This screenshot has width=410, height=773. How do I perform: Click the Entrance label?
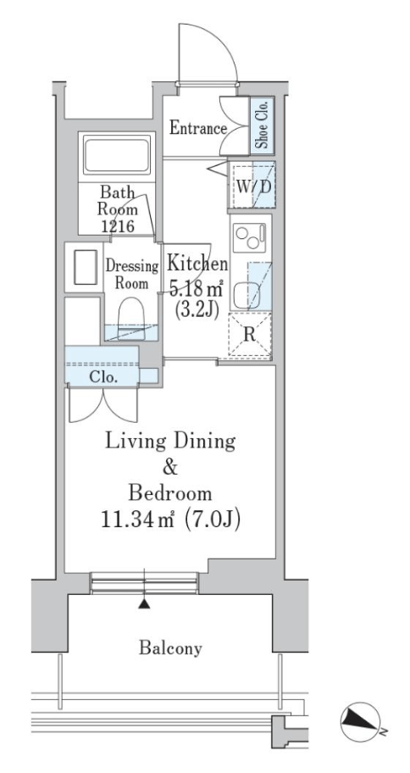click(198, 128)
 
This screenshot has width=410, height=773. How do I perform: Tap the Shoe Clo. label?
click(262, 125)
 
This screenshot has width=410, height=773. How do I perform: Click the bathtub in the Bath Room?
click(117, 155)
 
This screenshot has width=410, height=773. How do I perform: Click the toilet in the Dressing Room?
click(131, 319)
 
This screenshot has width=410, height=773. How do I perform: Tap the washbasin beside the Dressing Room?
click(86, 267)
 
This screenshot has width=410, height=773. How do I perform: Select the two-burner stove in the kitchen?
click(249, 237)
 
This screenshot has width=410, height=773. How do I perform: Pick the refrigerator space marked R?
click(250, 335)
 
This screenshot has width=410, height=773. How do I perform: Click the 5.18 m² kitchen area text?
click(197, 289)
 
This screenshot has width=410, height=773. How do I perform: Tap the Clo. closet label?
click(103, 378)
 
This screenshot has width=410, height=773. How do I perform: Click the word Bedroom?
click(170, 493)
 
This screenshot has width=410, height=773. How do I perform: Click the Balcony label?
click(170, 648)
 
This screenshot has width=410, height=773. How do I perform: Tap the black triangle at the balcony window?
click(144, 603)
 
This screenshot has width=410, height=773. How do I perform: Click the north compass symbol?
click(361, 722)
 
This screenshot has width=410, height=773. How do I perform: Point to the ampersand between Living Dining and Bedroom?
click(170, 467)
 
